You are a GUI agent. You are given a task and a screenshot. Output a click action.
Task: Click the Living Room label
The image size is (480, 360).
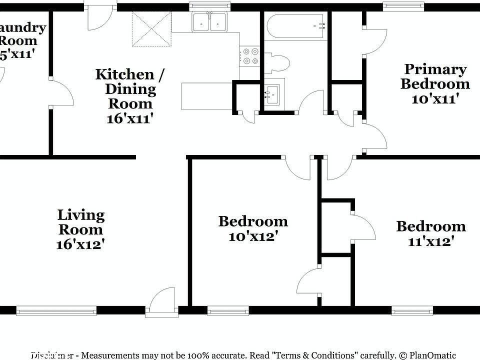[x=81, y=222]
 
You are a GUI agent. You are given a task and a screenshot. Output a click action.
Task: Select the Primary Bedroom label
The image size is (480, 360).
[x=434, y=76]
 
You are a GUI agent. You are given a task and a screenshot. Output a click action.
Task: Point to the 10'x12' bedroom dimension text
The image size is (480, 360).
[x=253, y=236]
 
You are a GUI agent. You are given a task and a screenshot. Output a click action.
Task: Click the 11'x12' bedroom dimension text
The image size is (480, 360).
[x=430, y=241]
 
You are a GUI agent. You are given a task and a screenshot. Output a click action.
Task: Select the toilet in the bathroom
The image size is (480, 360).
[x=276, y=63]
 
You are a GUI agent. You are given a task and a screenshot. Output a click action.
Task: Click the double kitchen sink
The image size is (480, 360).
[x=210, y=22]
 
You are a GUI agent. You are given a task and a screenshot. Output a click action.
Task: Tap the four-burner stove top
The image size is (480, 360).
[x=249, y=56]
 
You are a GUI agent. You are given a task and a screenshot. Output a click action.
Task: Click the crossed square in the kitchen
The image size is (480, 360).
[x=151, y=28]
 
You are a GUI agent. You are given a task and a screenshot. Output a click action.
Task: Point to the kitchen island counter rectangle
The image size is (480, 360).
[x=206, y=96]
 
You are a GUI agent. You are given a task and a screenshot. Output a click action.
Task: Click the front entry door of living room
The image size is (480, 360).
[x=161, y=303]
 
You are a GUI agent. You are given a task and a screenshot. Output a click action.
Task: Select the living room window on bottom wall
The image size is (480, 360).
[x=56, y=310]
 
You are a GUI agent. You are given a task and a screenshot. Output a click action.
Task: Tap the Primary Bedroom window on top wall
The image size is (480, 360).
[x=404, y=6]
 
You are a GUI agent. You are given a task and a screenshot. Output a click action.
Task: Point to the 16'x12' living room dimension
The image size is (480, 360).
[x=81, y=244]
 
